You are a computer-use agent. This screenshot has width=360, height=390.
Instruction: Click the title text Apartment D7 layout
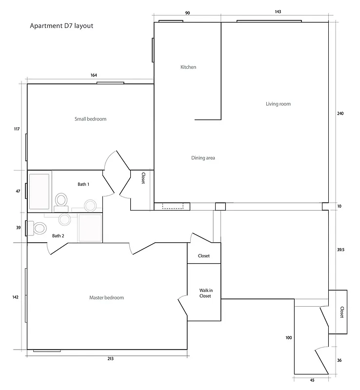point(61,26)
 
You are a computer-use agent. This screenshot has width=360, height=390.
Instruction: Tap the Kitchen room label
point(188,67)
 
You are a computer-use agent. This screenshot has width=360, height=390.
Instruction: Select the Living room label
point(278,104)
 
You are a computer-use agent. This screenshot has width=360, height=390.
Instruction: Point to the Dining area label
point(203,158)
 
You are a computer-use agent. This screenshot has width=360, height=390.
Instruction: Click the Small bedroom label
point(90,119)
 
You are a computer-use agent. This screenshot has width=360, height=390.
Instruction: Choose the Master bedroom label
point(106,298)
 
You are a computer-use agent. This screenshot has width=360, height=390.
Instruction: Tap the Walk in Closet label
point(205,293)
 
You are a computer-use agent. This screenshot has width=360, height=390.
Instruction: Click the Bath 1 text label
point(83,184)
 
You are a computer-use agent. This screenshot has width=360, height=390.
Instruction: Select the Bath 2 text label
point(59,236)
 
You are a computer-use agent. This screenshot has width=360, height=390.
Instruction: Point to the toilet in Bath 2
point(39,228)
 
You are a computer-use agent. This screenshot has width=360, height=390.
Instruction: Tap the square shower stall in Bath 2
point(90,227)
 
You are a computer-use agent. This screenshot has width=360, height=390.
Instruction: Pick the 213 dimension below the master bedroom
point(110,359)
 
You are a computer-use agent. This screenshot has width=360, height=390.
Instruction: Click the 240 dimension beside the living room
point(340,114)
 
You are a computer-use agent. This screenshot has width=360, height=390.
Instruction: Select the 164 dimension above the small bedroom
point(94,75)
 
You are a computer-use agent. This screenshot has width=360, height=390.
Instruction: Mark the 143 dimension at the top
point(278,12)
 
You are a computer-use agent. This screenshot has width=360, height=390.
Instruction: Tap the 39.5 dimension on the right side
point(341,249)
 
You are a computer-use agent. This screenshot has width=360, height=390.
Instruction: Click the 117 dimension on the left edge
point(17,129)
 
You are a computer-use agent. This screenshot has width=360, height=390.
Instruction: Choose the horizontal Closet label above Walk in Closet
point(204,256)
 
